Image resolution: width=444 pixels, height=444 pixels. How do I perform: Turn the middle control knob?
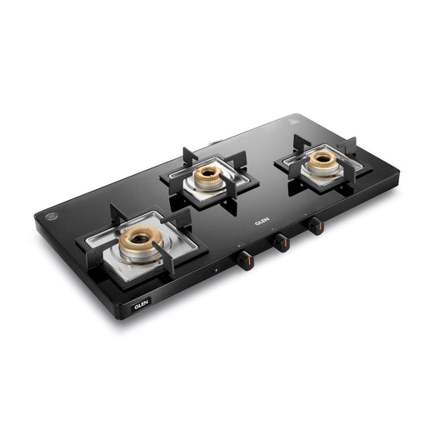282,242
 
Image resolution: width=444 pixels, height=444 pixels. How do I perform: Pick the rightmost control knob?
315,226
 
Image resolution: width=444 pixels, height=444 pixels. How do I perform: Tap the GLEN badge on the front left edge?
142,306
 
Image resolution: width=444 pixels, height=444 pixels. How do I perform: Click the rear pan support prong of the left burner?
117,216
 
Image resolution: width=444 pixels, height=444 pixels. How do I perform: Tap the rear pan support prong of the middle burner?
191,156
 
